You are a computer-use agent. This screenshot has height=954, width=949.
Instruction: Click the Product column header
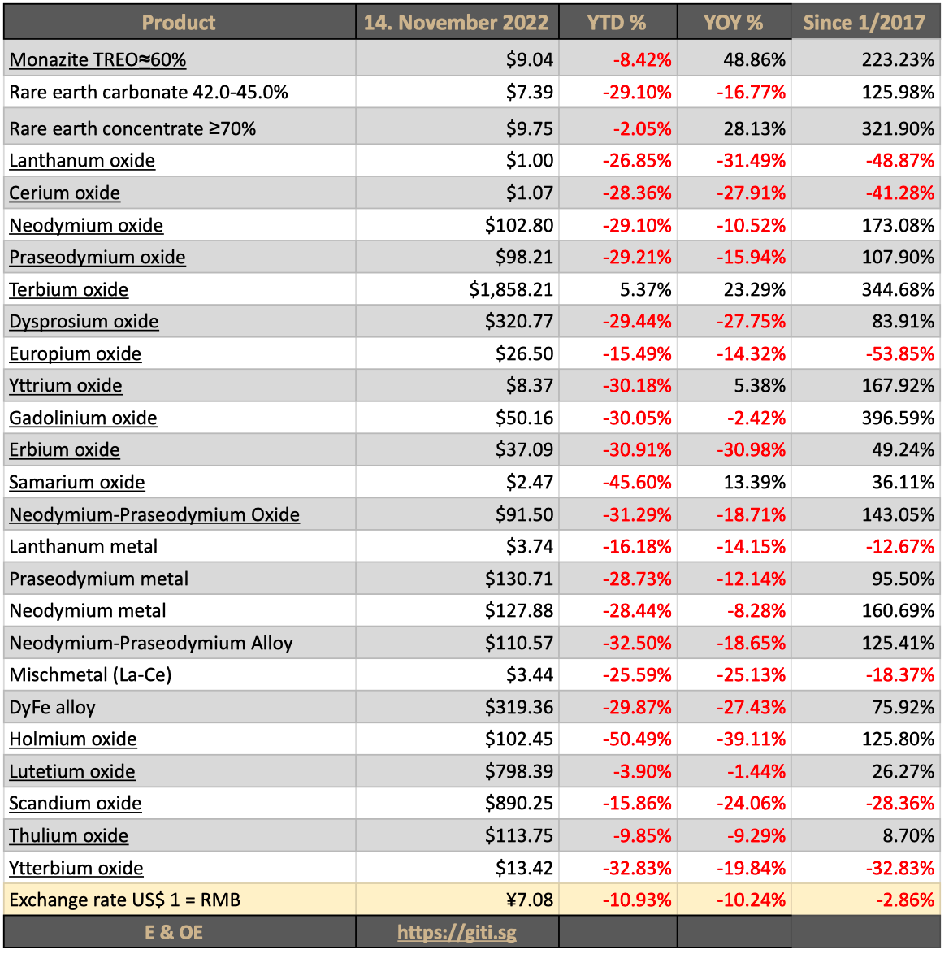click(179, 22)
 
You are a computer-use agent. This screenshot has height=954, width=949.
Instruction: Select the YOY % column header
click(733, 22)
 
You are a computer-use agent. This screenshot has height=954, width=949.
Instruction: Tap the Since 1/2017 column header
click(864, 22)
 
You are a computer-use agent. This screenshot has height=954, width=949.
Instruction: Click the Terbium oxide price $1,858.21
click(511, 289)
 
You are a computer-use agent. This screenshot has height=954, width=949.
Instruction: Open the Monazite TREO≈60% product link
click(97, 59)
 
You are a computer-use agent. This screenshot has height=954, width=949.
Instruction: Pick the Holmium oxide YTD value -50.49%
click(637, 739)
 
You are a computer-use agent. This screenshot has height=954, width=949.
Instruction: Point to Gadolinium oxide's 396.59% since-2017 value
click(898, 418)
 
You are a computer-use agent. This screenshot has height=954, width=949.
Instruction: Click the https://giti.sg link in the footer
click(457, 932)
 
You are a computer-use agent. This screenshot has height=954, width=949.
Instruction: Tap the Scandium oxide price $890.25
click(519, 804)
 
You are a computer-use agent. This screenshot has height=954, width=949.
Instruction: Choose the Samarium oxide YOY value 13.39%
click(755, 482)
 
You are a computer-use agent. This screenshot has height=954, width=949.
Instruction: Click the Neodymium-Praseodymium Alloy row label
click(151, 643)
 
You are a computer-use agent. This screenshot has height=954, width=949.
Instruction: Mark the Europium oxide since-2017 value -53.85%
click(899, 354)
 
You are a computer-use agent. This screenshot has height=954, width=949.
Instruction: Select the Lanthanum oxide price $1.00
click(530, 161)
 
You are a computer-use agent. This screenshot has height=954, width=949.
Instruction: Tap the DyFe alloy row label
click(53, 707)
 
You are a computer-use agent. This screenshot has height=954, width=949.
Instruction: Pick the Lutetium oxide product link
click(72, 771)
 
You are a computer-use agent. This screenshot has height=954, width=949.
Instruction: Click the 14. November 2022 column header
click(456, 22)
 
